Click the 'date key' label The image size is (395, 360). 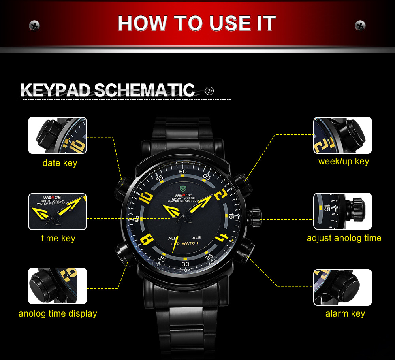[60, 163]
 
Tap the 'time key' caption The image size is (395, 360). [58, 238]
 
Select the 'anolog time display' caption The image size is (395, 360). [58, 313]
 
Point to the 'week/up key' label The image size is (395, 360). [344, 161]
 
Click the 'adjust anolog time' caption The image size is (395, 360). [344, 238]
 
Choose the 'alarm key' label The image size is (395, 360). [345, 313]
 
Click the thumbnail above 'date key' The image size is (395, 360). [57, 136]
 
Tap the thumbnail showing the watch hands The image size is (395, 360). [57, 211]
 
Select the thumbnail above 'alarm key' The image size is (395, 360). [342, 287]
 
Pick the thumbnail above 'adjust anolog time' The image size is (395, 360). [342, 211]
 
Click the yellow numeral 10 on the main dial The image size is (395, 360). [146, 198]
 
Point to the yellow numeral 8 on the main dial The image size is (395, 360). [147, 239]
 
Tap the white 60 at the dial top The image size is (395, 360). [183, 172]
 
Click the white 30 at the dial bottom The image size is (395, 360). [185, 264]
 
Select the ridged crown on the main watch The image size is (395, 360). [255, 217]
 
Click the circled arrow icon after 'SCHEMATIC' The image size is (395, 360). [209, 91]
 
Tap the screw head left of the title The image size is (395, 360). [34, 25]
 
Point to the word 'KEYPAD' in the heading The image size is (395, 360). [55, 90]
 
